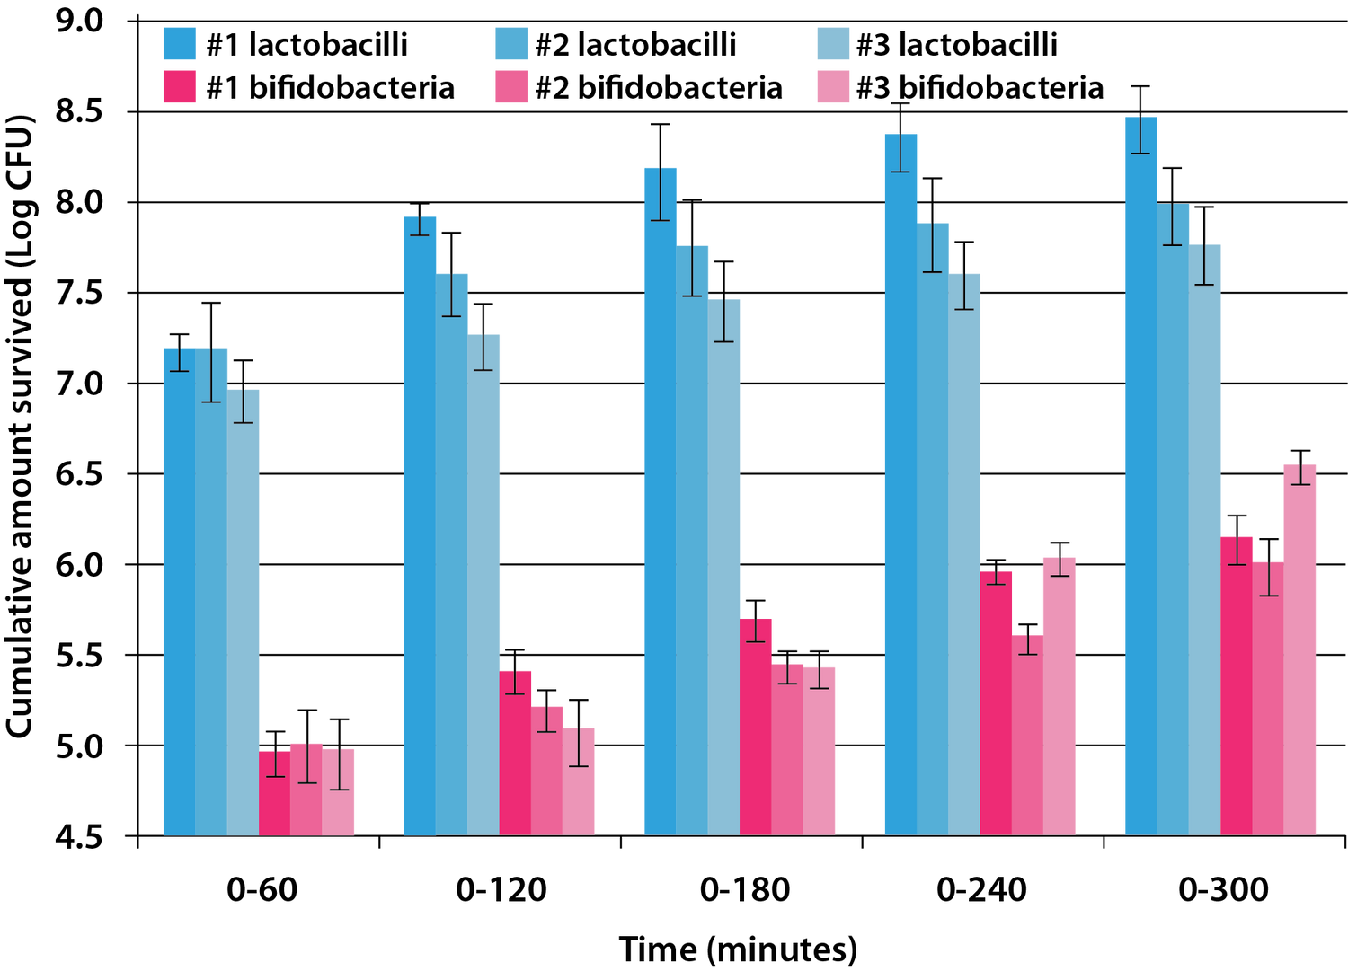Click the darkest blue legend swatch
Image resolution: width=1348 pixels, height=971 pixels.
179,43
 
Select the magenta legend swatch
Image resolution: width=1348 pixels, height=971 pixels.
179,86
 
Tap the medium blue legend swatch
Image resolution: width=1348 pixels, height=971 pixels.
511,43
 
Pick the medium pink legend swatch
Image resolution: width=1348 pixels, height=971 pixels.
511,86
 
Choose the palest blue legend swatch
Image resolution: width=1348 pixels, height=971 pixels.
833,43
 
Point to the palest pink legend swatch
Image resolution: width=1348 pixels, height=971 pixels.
833,86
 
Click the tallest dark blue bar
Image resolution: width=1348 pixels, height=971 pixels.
1140,476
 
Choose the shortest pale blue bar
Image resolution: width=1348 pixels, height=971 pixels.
244,611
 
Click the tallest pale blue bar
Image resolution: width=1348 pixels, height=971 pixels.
1205,539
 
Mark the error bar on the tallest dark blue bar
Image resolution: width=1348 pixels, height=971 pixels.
1140,135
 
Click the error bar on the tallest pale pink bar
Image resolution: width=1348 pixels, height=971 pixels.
1300,474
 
